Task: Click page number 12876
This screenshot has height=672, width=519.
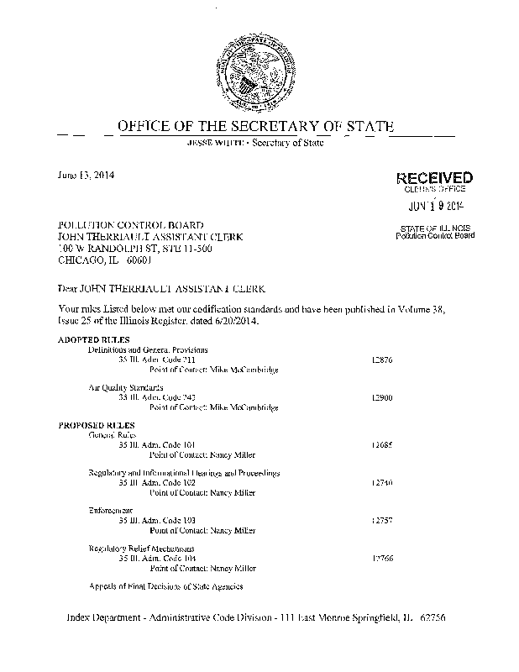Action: [381, 360]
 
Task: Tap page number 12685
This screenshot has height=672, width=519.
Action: [381, 446]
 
